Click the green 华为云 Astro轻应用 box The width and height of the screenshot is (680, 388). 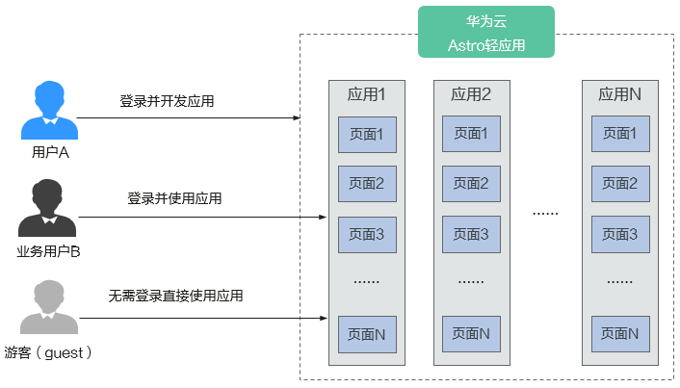click(x=486, y=32)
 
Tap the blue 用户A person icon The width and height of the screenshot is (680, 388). click(x=49, y=110)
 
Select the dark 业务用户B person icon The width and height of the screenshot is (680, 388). click(x=47, y=208)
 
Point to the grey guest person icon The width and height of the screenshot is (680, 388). click(x=49, y=306)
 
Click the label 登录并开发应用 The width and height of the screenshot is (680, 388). click(x=167, y=101)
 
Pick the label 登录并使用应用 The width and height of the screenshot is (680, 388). click(x=174, y=198)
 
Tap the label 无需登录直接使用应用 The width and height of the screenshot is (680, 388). click(x=175, y=296)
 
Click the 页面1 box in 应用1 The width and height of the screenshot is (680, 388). click(x=367, y=135)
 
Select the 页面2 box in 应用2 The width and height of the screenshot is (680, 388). click(x=471, y=184)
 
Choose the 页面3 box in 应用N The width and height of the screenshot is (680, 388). click(x=620, y=234)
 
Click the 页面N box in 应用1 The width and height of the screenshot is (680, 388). click(x=367, y=334)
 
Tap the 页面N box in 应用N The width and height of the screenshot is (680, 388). click(x=620, y=334)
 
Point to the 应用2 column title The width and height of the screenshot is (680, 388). click(x=471, y=94)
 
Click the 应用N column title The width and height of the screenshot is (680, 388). click(x=619, y=94)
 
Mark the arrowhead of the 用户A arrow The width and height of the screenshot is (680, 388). click(x=297, y=117)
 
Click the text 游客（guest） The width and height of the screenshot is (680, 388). click(x=48, y=352)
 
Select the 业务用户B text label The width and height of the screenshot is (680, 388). click(x=48, y=251)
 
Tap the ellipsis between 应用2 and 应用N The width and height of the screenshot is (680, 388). click(x=545, y=214)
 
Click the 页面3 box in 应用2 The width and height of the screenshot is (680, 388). click(x=471, y=234)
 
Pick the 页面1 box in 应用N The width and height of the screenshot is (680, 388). click(x=620, y=134)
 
